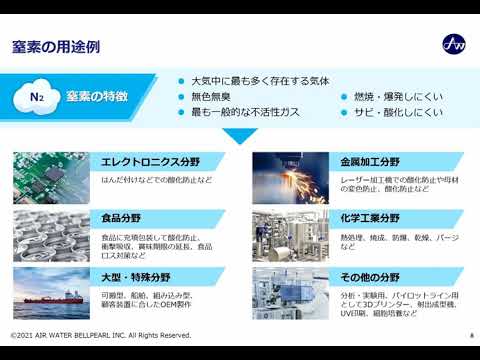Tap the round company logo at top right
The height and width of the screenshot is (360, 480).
[453, 44]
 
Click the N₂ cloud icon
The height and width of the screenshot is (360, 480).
[37, 97]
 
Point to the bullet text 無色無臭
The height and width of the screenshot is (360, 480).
[212, 96]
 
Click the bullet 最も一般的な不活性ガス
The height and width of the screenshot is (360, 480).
[247, 112]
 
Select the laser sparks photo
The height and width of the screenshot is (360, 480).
[276, 175]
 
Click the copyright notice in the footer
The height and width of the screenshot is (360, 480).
[100, 335]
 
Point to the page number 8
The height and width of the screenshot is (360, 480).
[470, 335]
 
